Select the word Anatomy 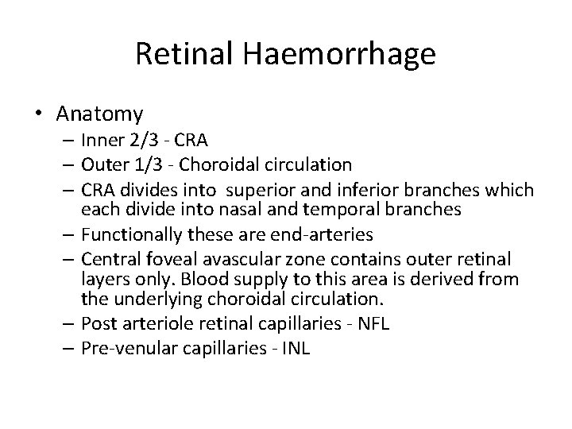click(99, 114)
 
